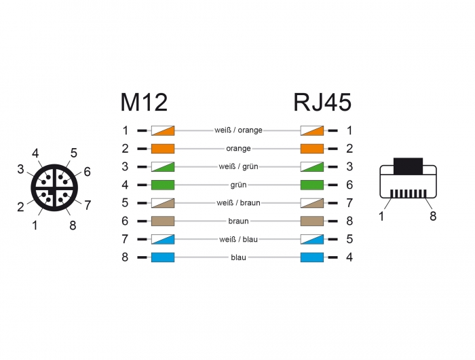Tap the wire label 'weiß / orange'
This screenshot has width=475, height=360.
click(238, 130)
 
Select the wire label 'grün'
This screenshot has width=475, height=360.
click(238, 185)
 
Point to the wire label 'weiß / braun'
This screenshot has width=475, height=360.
click(238, 203)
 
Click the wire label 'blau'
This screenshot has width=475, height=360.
click(238, 257)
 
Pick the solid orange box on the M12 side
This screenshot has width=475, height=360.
click(163, 148)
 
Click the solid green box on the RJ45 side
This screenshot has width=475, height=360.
click(311, 185)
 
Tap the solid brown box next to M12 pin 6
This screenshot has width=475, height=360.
click(163, 221)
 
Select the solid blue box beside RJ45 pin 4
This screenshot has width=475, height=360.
click(311, 257)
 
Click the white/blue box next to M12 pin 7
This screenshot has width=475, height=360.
click(163, 239)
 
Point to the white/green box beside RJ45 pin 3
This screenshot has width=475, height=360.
click(311, 166)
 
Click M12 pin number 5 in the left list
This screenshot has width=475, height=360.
click(125, 203)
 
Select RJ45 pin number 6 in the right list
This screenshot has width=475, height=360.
click(349, 185)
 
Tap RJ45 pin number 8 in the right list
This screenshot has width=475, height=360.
click(349, 221)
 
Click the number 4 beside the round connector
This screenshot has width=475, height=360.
click(35, 154)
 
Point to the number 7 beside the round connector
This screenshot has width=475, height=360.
click(88, 204)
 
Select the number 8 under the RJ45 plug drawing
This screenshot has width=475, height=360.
click(433, 216)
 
